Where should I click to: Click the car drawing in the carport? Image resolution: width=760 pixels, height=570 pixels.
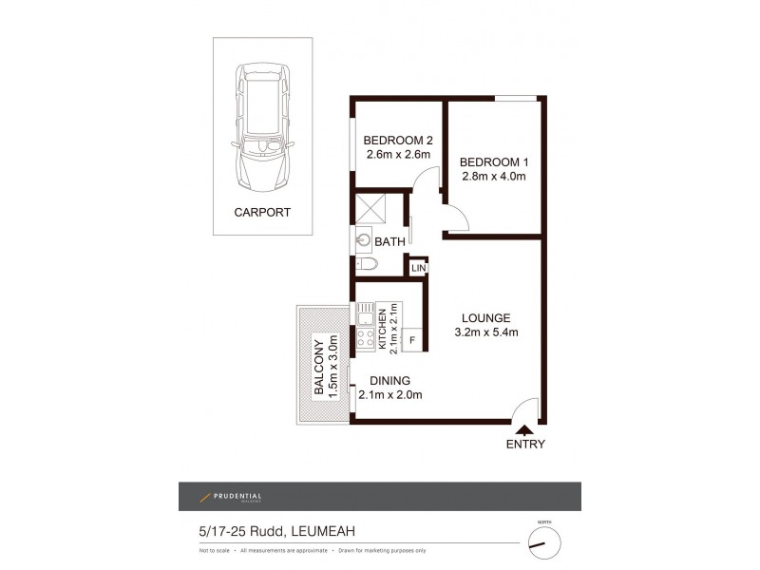point(262,125)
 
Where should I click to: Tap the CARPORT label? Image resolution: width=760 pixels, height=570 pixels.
point(262,212)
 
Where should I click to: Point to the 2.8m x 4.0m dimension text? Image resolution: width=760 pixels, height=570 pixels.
point(493,176)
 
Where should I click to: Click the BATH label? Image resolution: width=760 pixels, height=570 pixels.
point(389,242)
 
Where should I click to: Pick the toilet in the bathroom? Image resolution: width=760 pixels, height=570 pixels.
point(366,264)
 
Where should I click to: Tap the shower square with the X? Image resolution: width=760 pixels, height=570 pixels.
point(370,206)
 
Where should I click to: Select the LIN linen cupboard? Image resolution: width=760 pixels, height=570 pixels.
point(418,269)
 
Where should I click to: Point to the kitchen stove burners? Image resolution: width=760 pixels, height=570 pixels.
point(366,338)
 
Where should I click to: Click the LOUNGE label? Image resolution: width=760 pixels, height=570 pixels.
point(486,317)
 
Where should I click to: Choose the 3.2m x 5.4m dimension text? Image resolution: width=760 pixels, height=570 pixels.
point(486,332)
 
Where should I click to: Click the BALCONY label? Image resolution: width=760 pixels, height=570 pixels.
point(319,365)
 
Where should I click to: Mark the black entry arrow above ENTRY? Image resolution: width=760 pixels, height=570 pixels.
point(525,430)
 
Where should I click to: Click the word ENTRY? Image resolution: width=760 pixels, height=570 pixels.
point(525,444)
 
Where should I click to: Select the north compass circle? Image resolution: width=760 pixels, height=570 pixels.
point(544,543)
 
